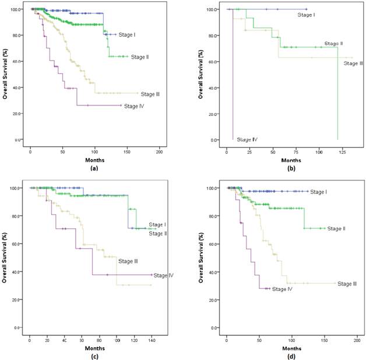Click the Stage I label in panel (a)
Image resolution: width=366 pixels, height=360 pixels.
(x=128, y=35)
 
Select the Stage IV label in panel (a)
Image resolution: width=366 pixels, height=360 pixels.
(x=135, y=106)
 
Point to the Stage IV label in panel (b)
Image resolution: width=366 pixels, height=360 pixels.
(x=247, y=140)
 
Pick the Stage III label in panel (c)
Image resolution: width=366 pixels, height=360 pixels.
(x=128, y=261)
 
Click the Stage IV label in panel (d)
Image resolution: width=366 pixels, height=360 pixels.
(x=282, y=289)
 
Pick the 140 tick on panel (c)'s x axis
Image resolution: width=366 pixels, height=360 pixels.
(x=152, y=338)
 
